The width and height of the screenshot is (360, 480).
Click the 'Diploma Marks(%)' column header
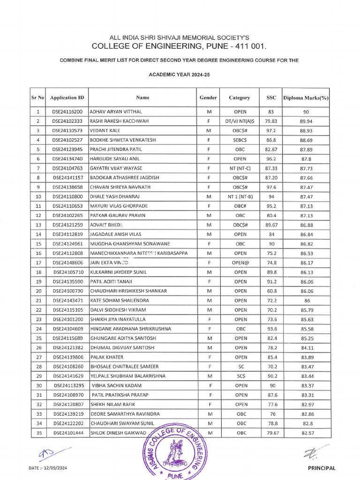(306, 98)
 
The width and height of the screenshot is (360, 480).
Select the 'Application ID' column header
(67, 98)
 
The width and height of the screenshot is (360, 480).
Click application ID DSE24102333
(67, 121)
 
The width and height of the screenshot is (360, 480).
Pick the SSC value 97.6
(270, 187)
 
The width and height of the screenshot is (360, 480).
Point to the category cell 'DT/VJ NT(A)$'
(240, 121)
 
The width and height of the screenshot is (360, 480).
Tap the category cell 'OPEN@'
(240, 263)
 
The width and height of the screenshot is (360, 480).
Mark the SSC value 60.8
(270, 291)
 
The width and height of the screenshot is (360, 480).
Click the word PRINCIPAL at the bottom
(322, 468)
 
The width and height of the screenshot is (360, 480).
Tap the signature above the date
(52, 453)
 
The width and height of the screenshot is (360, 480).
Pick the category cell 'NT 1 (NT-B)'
(240, 196)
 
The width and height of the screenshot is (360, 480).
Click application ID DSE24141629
(67, 376)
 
